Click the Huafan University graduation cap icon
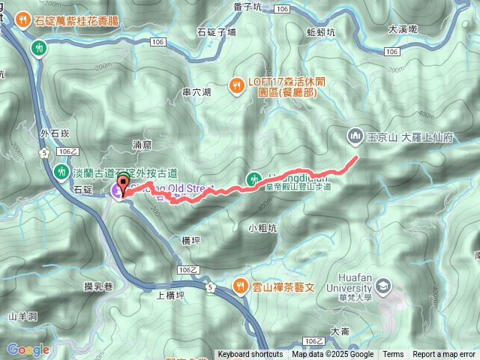pos(384,285)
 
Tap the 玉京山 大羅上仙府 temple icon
pos(355,136)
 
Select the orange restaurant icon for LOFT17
pos(235,85)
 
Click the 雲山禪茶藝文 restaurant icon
pos(240,285)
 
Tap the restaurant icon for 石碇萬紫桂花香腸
pos(23,20)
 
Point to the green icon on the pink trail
pos(253,178)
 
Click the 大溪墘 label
pos(403,30)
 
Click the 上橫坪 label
pos(169,295)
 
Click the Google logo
pos(28,349)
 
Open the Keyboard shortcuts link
pos(250,355)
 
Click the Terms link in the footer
pos(393,355)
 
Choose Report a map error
pos(444,355)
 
